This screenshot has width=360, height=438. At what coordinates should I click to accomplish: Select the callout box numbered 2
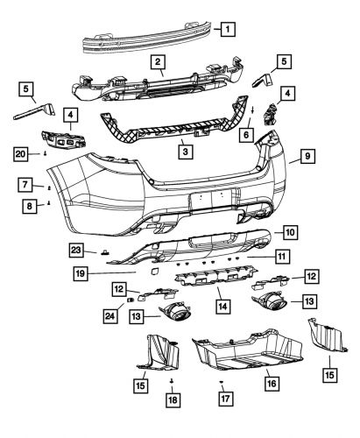click(158, 61)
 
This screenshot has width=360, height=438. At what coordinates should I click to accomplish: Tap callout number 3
click(184, 151)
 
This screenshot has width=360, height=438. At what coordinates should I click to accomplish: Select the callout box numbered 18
click(172, 399)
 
